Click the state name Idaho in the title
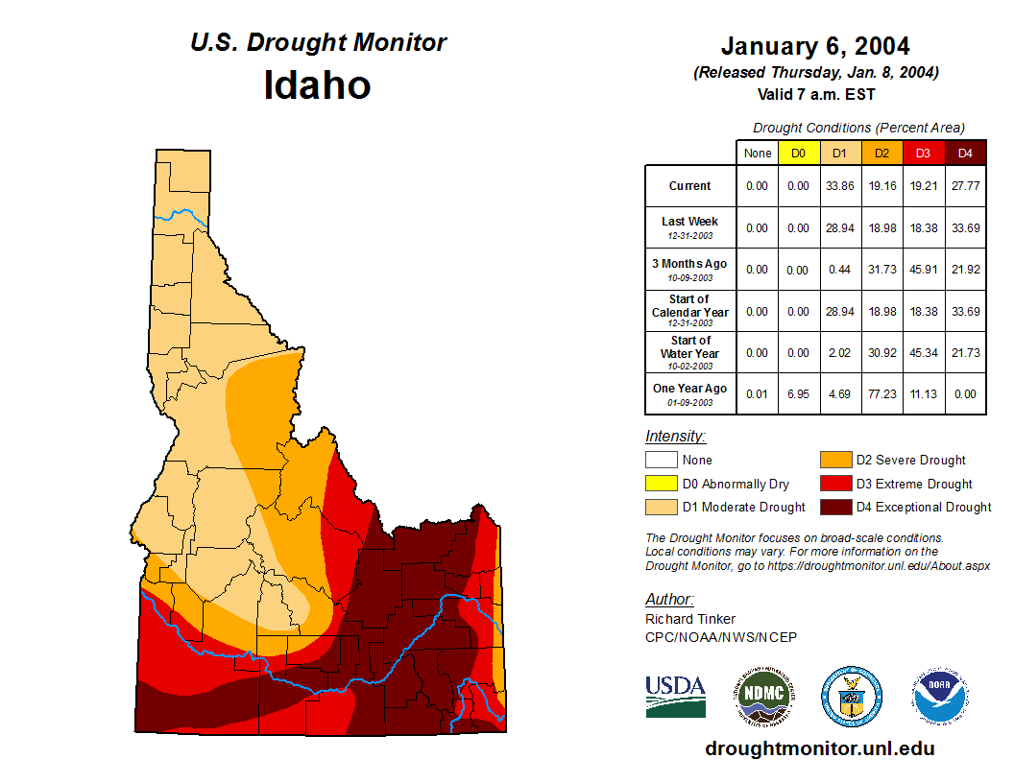click(x=317, y=85)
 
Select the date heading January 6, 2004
click(x=815, y=46)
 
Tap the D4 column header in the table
click(x=965, y=154)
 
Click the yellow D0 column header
click(x=798, y=154)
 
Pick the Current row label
click(x=690, y=186)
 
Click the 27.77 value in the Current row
click(x=965, y=186)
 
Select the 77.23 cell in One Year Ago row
click(x=881, y=393)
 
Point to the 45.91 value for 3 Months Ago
click(x=924, y=270)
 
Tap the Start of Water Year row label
click(x=690, y=352)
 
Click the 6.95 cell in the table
click(x=798, y=393)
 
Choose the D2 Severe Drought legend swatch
click(x=834, y=461)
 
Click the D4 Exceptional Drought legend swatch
click(x=834, y=507)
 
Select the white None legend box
click(x=661, y=461)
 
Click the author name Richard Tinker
click(x=690, y=619)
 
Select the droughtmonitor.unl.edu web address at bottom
click(x=819, y=748)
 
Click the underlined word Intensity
click(x=675, y=437)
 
